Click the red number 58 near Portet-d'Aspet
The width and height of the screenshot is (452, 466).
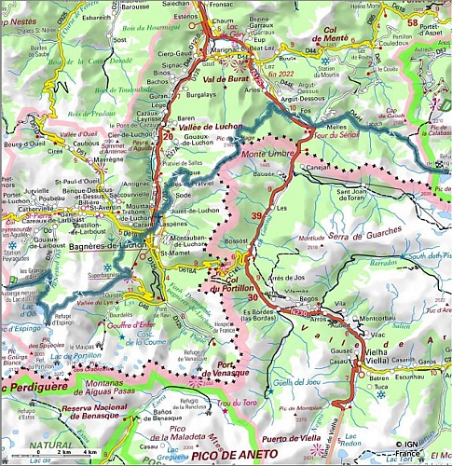point(438,22)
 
